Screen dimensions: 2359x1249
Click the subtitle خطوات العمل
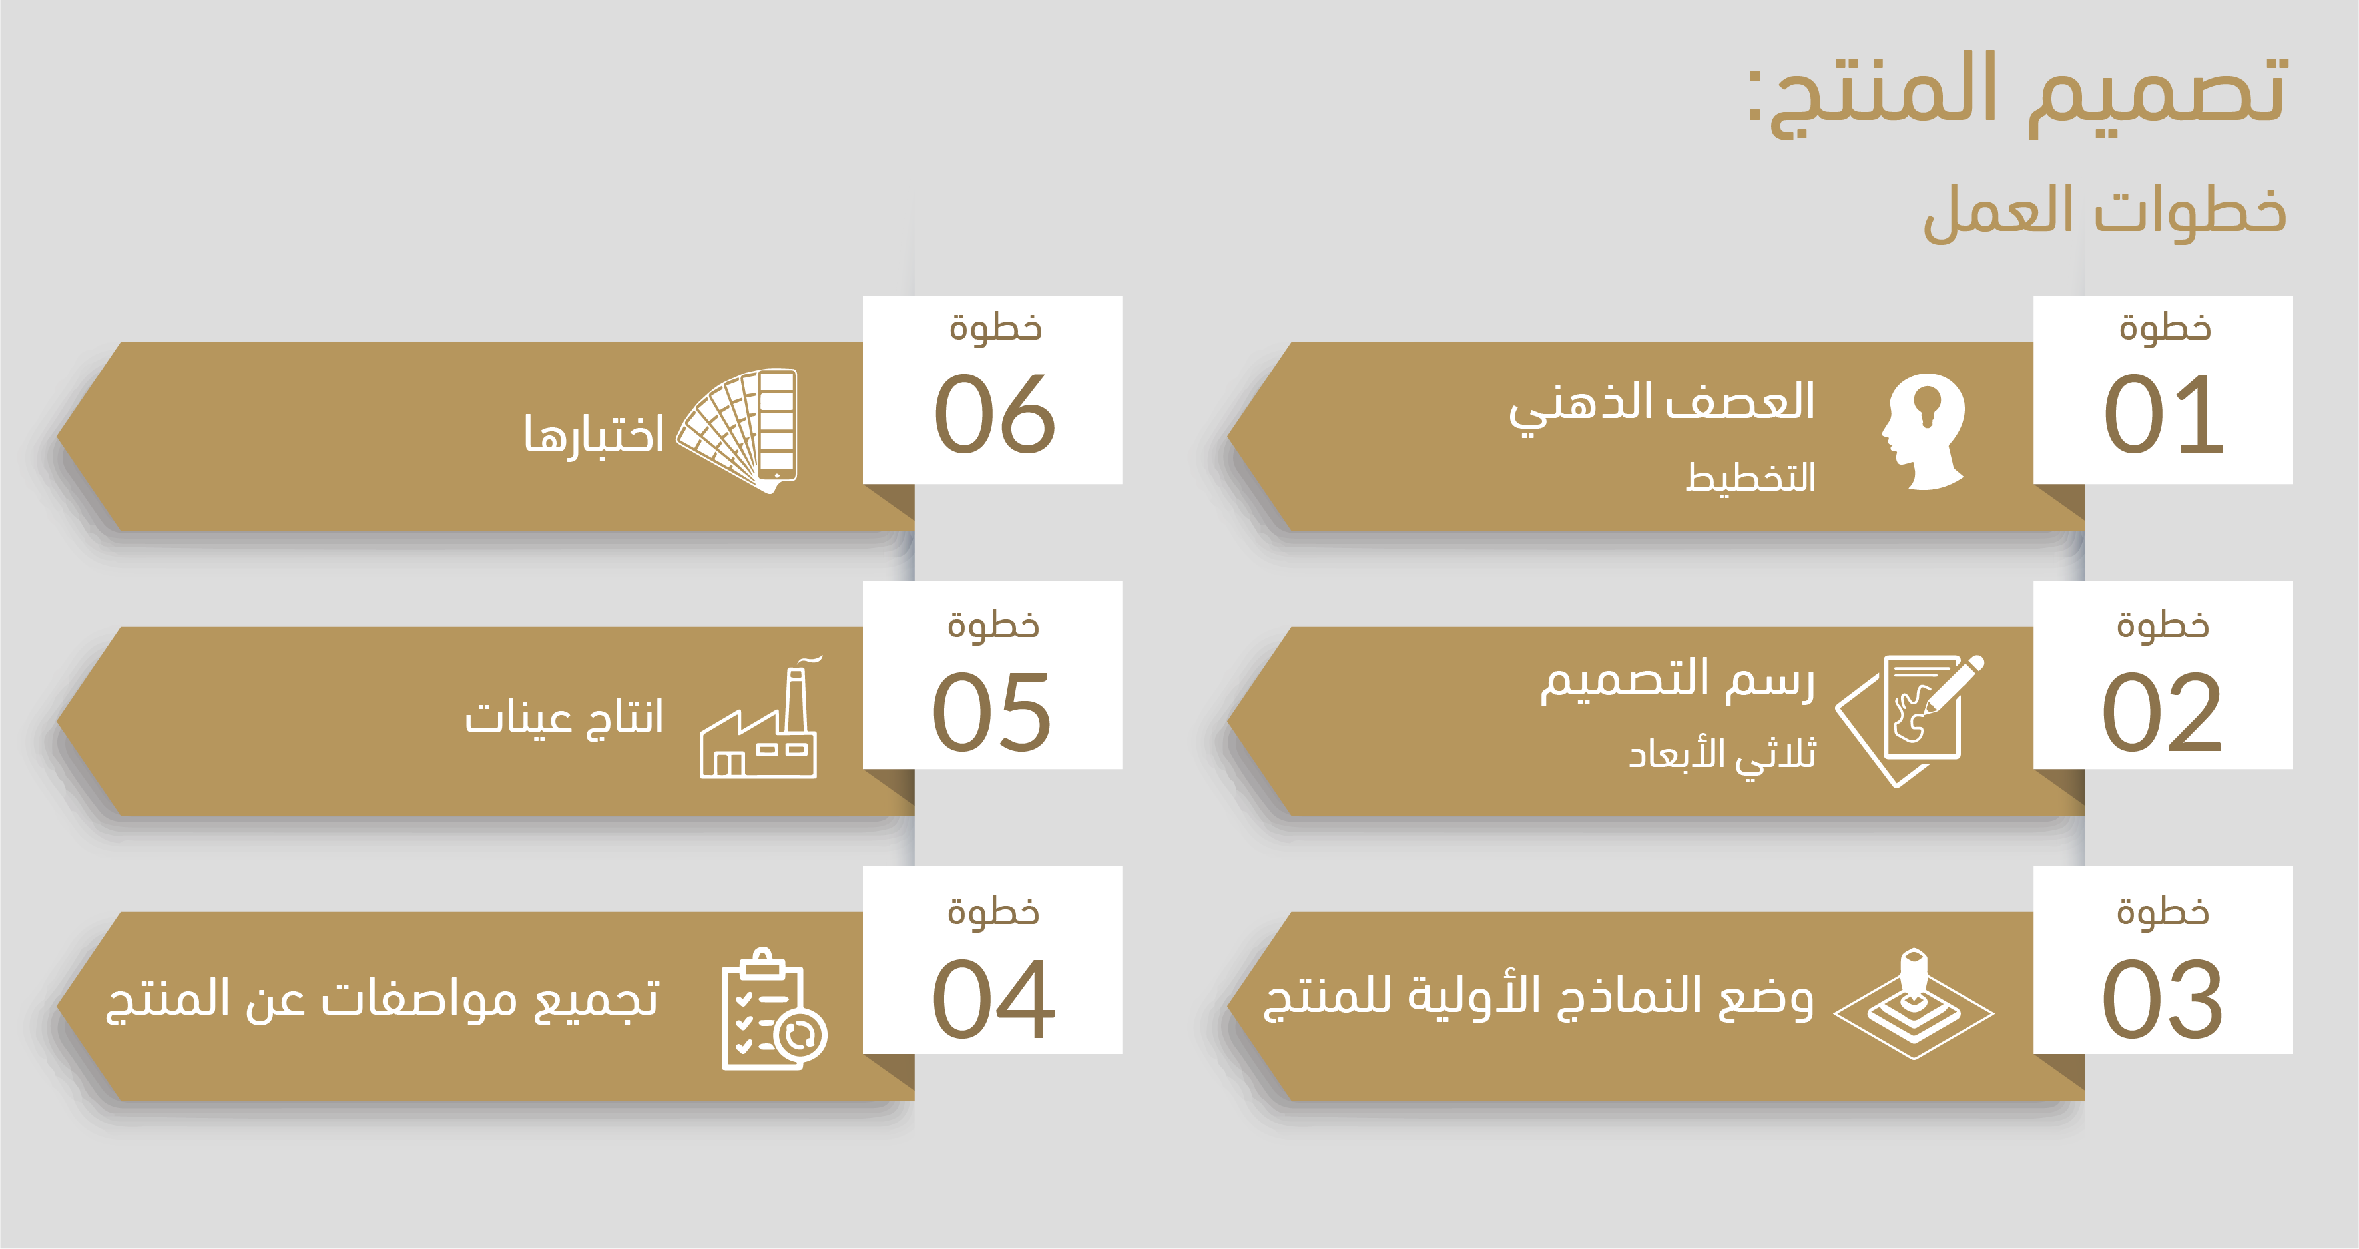tap(2105, 212)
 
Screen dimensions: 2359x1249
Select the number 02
tap(2162, 712)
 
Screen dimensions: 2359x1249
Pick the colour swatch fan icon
tap(737, 430)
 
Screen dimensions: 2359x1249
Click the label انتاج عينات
tap(564, 717)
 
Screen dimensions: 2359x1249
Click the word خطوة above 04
tap(993, 911)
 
